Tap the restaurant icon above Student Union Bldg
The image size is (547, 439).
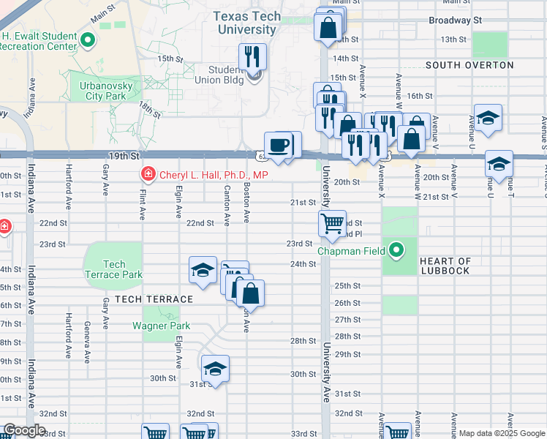(x=253, y=56)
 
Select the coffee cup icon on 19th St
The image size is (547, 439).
(x=278, y=145)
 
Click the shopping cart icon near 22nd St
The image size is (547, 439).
(x=332, y=222)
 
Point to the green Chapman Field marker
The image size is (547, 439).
(x=396, y=251)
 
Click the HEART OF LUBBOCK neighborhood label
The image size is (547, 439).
(x=446, y=266)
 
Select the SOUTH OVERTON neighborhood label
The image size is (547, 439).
(x=469, y=65)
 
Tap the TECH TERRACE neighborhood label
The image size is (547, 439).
(x=154, y=299)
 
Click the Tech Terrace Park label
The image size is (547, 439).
(x=113, y=269)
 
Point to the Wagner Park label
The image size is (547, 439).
(x=161, y=326)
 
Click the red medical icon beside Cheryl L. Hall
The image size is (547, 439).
(x=147, y=175)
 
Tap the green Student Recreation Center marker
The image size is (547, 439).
(x=88, y=40)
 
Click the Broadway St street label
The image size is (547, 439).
(x=456, y=20)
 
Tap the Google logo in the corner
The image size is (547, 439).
(x=23, y=430)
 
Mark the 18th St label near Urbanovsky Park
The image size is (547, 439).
(x=150, y=110)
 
